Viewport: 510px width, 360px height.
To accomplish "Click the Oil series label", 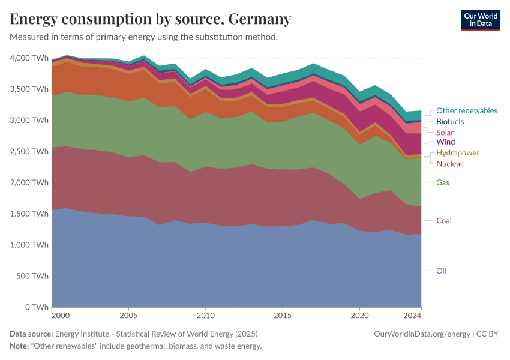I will click(441, 271).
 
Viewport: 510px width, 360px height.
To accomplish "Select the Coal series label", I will click(444, 220).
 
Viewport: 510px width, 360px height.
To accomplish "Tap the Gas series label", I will click(443, 182).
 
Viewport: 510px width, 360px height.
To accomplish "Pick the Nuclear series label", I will click(449, 164).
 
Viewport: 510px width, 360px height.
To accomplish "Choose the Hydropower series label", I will click(458, 153).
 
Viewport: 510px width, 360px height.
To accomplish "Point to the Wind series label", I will click(445, 142).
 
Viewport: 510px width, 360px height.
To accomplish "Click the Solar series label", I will click(445, 132).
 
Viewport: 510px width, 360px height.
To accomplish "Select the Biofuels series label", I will click(450, 121).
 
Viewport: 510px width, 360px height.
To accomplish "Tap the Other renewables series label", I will click(466, 110).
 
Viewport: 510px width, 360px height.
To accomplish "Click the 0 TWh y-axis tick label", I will click(37, 307).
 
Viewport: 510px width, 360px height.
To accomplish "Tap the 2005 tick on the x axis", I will click(128, 315).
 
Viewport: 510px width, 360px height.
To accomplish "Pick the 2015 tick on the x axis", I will click(283, 315).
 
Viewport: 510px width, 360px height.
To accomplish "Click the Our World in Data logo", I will click(481, 20).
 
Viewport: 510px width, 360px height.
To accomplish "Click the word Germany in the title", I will click(258, 19).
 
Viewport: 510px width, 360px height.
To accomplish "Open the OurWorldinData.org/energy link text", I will click(422, 334).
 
